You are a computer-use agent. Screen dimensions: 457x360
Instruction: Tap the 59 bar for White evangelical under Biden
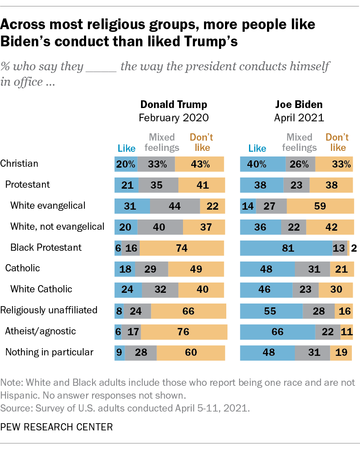pyautogui.click(x=320, y=206)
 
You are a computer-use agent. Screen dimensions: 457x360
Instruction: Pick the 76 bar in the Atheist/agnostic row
pyautogui.click(x=184, y=331)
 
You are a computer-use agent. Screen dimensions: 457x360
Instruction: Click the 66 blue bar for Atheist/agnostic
pyautogui.click(x=278, y=331)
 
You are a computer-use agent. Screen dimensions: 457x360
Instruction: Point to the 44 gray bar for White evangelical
pyautogui.click(x=174, y=206)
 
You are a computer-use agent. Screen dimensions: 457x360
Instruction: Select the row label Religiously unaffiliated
pyautogui.click(x=48, y=310)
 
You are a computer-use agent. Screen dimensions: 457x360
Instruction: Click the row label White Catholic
pyautogui.click(x=41, y=289)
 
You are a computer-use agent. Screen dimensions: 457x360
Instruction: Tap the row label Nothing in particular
pyautogui.click(x=49, y=352)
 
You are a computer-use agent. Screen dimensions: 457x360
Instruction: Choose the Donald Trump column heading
pyautogui.click(x=174, y=104)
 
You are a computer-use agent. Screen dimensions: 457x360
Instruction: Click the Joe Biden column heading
pyautogui.click(x=298, y=104)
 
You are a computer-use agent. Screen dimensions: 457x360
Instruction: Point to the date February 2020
pyautogui.click(x=174, y=117)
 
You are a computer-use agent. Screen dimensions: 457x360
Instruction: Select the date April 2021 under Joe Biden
pyautogui.click(x=298, y=117)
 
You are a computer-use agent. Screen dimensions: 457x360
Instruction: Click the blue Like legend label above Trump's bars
pyautogui.click(x=126, y=148)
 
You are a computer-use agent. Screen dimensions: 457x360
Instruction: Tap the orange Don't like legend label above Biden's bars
pyautogui.click(x=338, y=142)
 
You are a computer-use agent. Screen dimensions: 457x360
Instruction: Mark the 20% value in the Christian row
pyautogui.click(x=126, y=164)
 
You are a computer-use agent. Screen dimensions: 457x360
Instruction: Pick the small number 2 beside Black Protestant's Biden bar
pyautogui.click(x=354, y=248)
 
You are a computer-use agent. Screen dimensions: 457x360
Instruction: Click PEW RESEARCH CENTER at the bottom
pyautogui.click(x=57, y=427)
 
